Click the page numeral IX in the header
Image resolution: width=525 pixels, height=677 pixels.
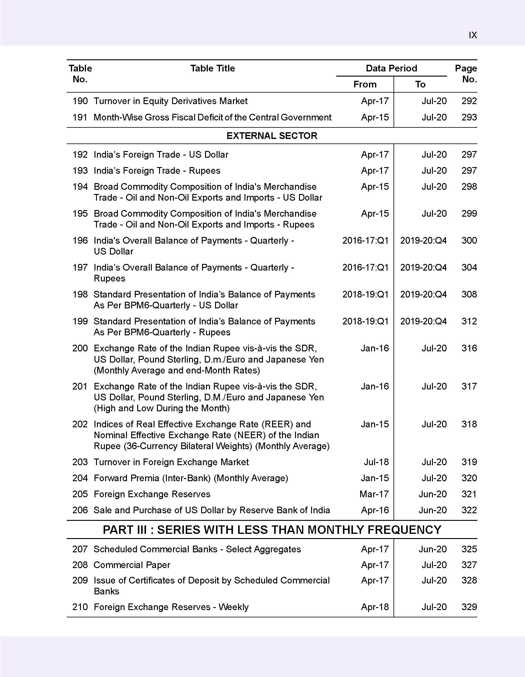(x=473, y=35)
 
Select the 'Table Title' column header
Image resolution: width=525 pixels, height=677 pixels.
(x=213, y=68)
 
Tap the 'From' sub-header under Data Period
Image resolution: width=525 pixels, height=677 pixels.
(x=365, y=84)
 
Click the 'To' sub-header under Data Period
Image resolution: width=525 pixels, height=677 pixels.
(x=420, y=84)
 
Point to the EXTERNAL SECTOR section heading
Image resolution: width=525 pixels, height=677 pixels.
(x=272, y=136)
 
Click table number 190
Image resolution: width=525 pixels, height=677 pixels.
(x=80, y=101)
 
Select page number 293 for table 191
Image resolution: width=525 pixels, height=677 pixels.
(x=469, y=117)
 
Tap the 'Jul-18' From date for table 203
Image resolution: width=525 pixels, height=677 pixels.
(x=376, y=462)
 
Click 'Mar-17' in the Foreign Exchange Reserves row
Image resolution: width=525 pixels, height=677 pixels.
(x=374, y=494)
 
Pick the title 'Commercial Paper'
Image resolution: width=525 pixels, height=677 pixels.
(x=132, y=565)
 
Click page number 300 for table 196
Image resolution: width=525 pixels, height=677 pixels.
(x=469, y=241)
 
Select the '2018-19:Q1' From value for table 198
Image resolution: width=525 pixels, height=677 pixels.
(x=365, y=294)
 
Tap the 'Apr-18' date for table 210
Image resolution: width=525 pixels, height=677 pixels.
(x=375, y=607)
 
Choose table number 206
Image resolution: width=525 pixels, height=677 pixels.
(x=80, y=510)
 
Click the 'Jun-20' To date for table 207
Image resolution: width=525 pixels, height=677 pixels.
(x=433, y=549)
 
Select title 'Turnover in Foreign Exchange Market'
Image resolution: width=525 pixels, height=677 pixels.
(x=171, y=462)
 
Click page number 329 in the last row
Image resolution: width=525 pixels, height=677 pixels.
(x=469, y=607)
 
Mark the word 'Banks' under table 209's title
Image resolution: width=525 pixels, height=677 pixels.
(x=106, y=591)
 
